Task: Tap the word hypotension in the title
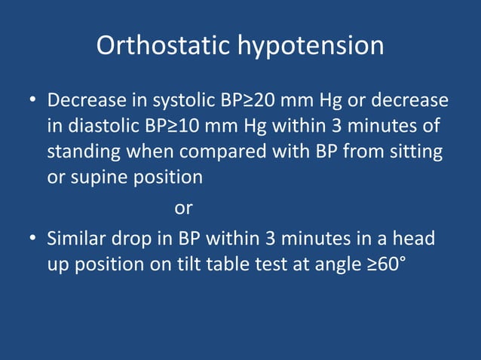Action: [x=310, y=46]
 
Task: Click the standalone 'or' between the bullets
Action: [x=183, y=208]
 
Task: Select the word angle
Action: [x=345, y=265]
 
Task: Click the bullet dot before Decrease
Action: [x=33, y=101]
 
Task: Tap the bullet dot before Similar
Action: [x=33, y=239]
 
